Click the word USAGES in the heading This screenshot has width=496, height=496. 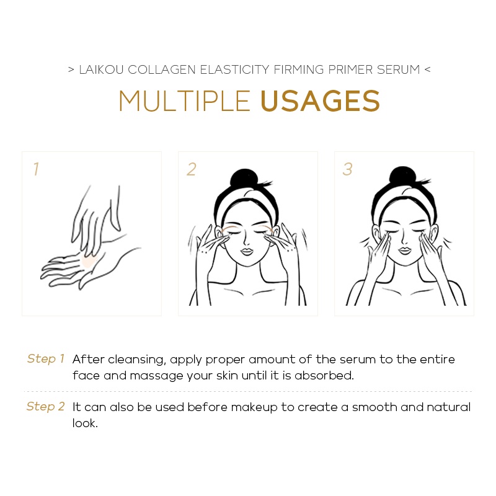point(320,101)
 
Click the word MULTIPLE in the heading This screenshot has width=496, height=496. point(184,101)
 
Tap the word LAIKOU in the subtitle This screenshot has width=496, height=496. point(101,69)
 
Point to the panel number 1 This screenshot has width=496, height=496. point(37,169)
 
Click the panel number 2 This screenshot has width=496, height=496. point(192,169)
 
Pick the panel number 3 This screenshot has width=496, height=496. point(348,169)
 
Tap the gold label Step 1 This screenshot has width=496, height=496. point(46,359)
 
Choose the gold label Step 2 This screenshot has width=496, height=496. point(46,407)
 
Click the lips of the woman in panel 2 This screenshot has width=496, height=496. point(247,252)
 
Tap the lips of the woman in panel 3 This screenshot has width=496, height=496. point(404,251)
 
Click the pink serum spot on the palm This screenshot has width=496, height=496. point(89,260)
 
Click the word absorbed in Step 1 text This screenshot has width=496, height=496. point(324,375)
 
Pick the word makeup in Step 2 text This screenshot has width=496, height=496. point(254,407)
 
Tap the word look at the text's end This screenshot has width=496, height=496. point(85,423)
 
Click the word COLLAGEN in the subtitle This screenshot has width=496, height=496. point(162,69)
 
